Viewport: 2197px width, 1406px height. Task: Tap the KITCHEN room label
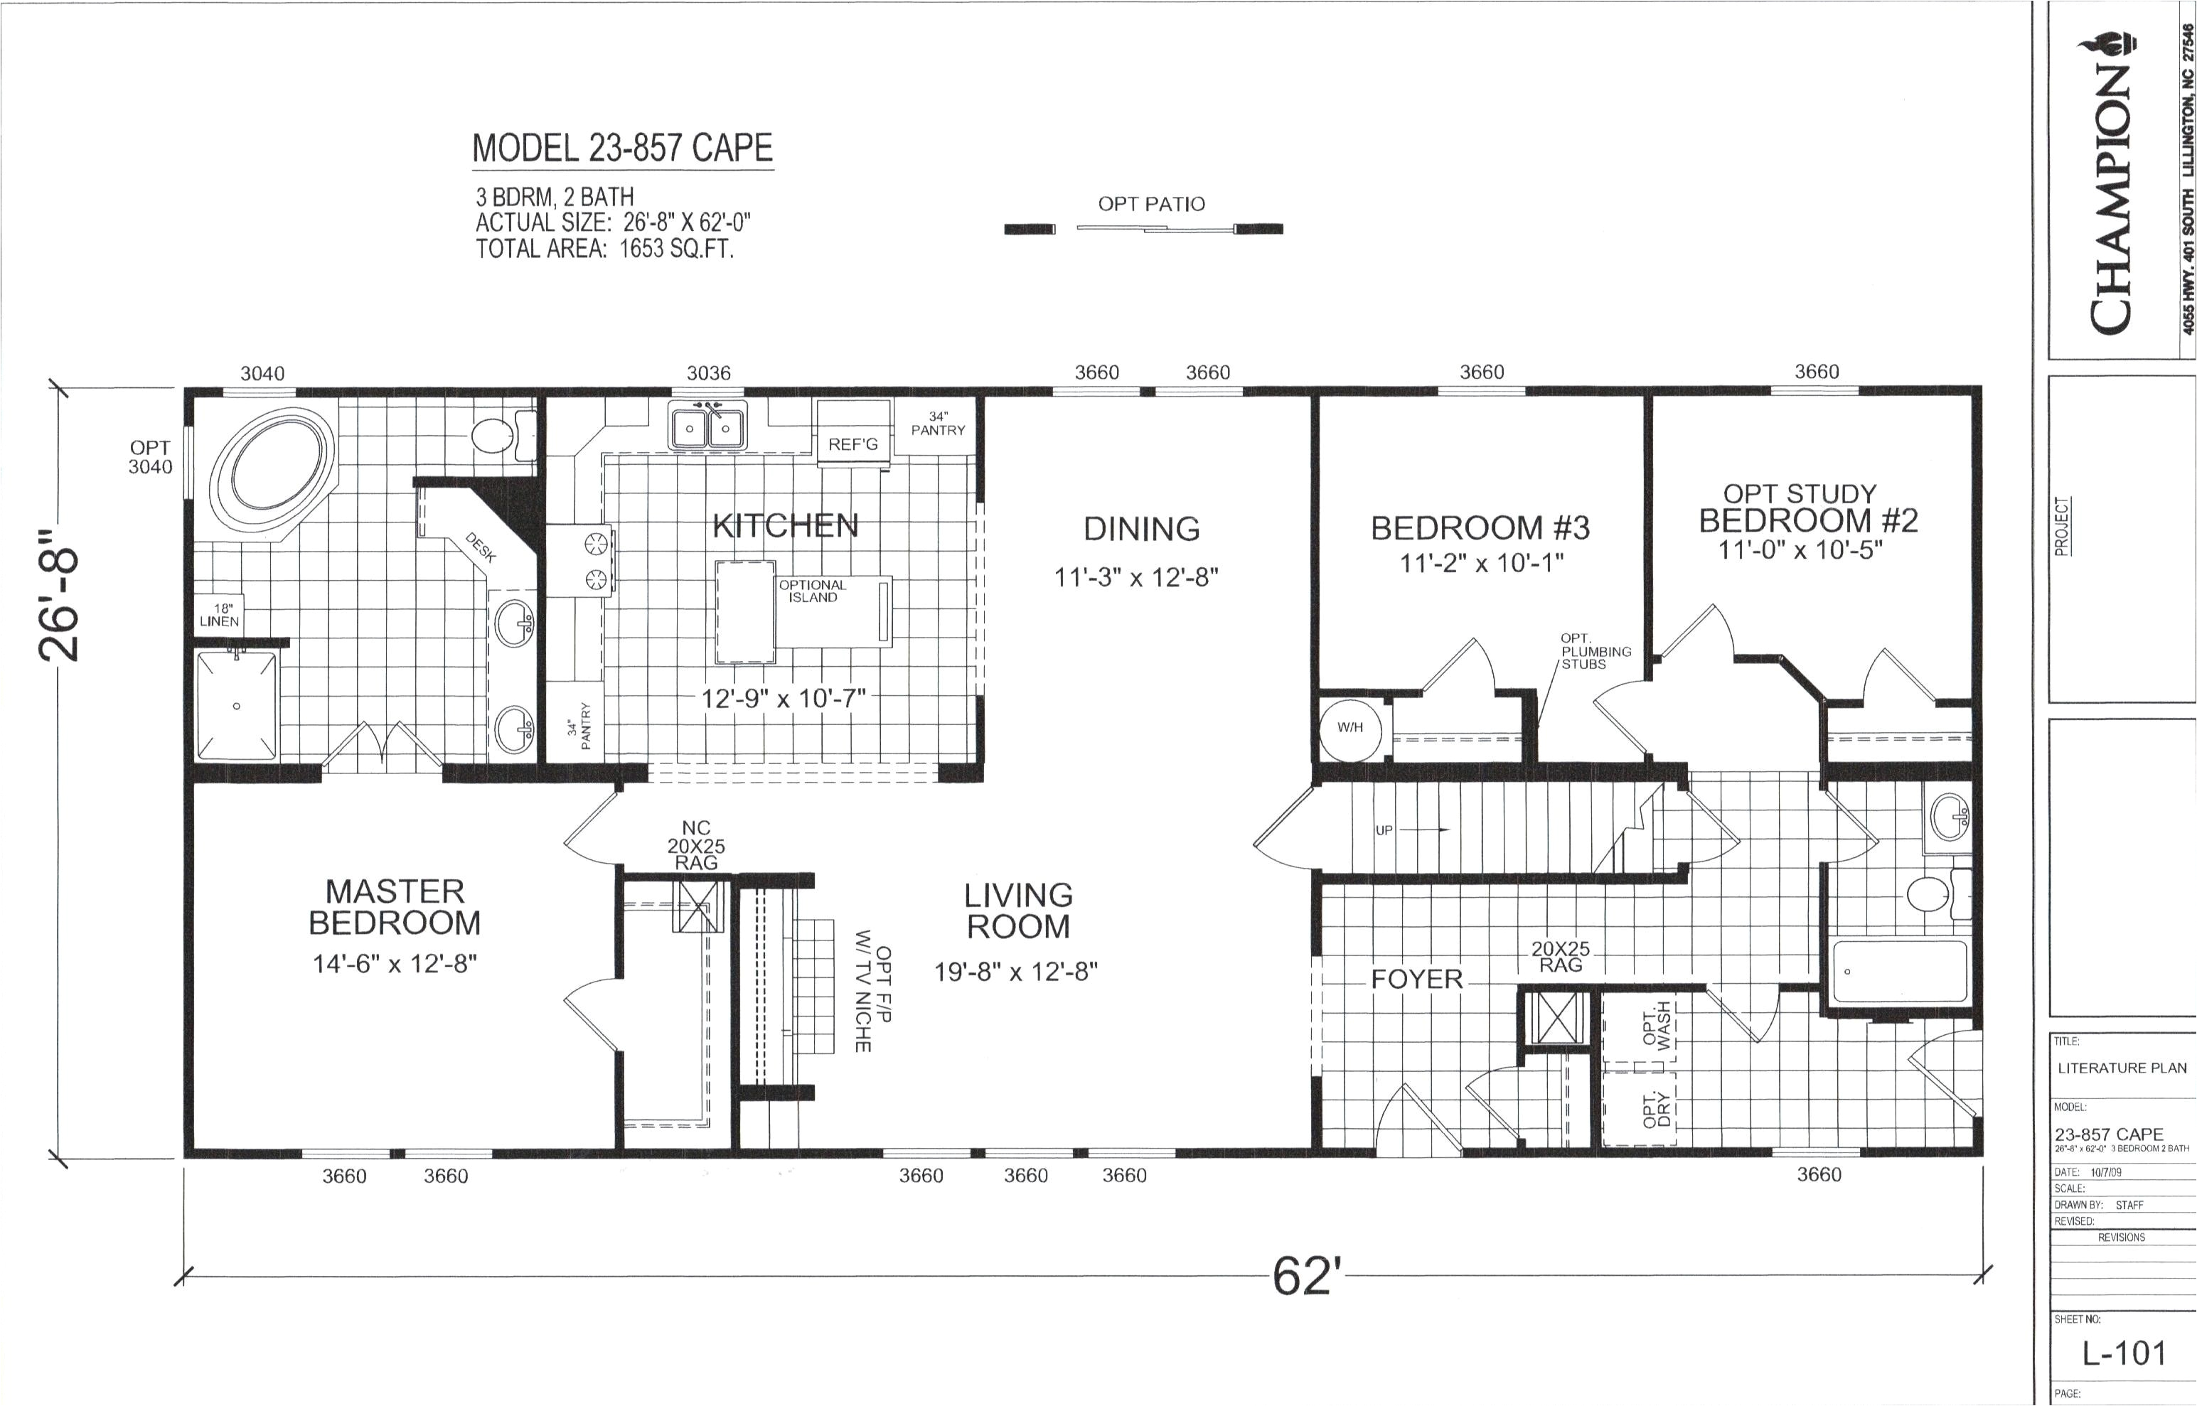pyautogui.click(x=784, y=525)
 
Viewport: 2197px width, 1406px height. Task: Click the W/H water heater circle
pyautogui.click(x=1349, y=728)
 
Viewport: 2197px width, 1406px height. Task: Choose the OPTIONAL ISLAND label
pyautogui.click(x=812, y=591)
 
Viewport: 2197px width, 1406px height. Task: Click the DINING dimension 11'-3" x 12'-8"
pyautogui.click(x=1136, y=577)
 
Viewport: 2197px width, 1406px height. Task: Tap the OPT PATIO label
pyautogui.click(x=1150, y=203)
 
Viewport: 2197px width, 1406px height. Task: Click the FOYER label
pyautogui.click(x=1416, y=980)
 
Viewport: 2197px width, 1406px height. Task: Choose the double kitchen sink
pyautogui.click(x=707, y=427)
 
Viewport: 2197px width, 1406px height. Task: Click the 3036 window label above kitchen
pyautogui.click(x=709, y=372)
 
